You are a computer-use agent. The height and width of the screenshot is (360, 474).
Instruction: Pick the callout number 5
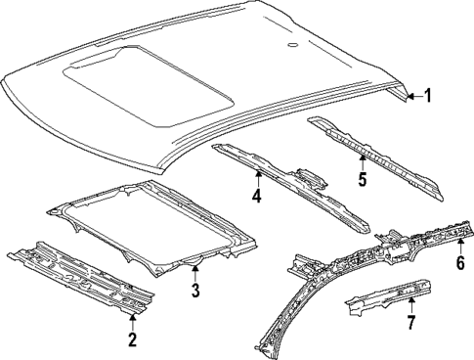tap(361, 179)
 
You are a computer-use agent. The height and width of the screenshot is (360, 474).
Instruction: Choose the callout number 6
tap(460, 261)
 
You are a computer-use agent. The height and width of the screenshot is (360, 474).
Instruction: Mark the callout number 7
tap(410, 320)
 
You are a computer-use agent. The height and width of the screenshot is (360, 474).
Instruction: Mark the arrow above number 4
tap(258, 176)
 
